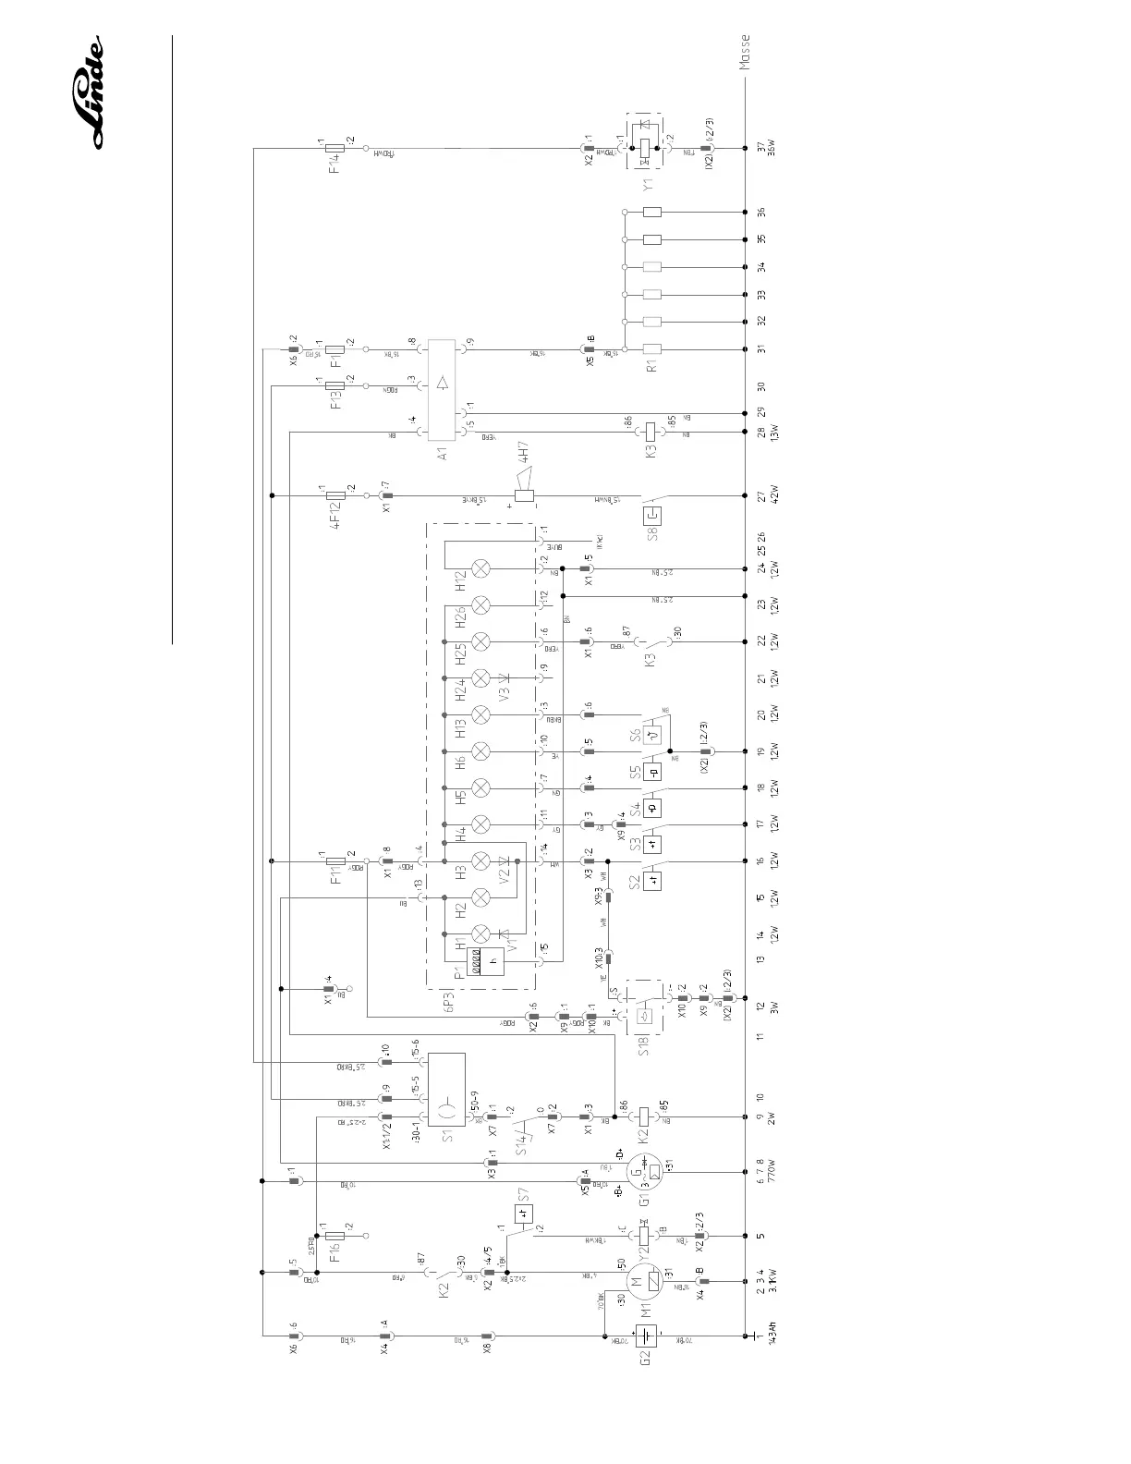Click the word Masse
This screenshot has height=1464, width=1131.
point(745,53)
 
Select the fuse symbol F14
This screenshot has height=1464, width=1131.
point(335,148)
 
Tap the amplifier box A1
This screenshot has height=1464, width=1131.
point(444,387)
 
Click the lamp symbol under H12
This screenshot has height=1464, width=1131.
point(480,568)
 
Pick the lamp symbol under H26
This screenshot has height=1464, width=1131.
point(480,605)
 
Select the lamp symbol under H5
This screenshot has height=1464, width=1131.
point(480,787)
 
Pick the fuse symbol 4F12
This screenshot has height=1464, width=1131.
point(335,495)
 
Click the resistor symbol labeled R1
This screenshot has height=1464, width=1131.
point(651,349)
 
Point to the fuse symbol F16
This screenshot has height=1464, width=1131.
point(335,1235)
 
